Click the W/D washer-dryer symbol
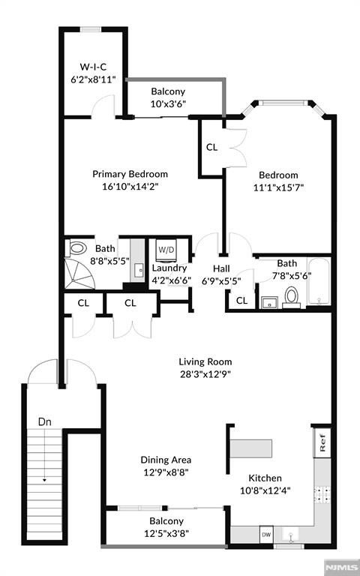166,250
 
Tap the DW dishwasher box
266,535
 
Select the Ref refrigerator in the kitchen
322,442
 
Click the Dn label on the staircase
45,421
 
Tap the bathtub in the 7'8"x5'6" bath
319,282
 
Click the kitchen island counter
251,448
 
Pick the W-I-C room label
93,67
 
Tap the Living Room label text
205,361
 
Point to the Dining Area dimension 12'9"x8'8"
166,472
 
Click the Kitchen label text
265,478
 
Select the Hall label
221,268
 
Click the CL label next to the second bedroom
212,147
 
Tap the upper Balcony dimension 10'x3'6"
168,103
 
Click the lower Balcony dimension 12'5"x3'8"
166,533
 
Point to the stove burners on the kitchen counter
322,495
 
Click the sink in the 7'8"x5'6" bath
270,303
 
